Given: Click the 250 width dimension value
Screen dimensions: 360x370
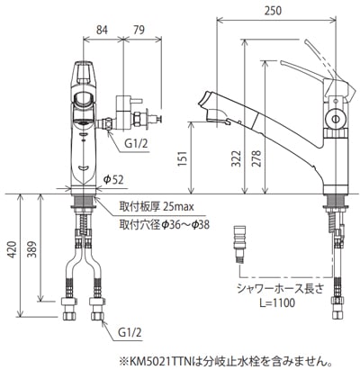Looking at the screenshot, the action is click(x=274, y=11).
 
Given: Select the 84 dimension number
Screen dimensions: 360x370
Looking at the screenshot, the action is click(x=102, y=30).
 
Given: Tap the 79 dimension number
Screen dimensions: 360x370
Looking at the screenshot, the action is click(x=139, y=30).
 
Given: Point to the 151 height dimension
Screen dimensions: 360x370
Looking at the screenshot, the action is click(x=183, y=158).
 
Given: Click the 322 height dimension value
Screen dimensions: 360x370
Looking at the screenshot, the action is click(x=236, y=158).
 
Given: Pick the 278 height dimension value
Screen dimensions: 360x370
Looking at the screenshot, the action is click(x=256, y=158).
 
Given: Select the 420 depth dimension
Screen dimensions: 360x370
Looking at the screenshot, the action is click(x=12, y=249).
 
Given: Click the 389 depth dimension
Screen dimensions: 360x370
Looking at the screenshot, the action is click(x=32, y=249).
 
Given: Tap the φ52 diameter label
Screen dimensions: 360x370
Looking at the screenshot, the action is click(x=113, y=179).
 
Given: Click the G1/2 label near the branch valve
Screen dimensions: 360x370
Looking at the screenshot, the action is click(x=137, y=144).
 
